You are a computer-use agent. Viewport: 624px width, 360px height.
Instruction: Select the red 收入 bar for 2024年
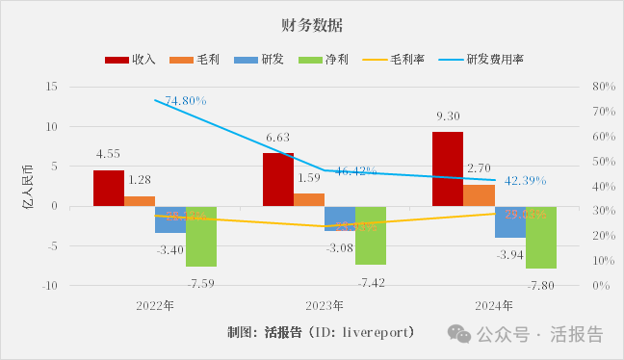tap(448, 168)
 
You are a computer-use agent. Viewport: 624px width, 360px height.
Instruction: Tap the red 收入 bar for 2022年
tap(109, 188)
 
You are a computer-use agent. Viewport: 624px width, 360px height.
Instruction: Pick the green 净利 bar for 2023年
tap(371, 235)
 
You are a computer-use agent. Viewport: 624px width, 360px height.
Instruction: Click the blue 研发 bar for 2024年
tap(509, 221)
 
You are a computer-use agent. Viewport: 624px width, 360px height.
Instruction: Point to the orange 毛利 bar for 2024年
tap(479, 195)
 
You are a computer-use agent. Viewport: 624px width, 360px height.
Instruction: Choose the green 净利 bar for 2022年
tap(201, 236)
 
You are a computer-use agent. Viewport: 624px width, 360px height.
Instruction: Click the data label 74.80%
tap(186, 100)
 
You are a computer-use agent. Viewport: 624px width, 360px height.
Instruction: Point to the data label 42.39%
tap(525, 180)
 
